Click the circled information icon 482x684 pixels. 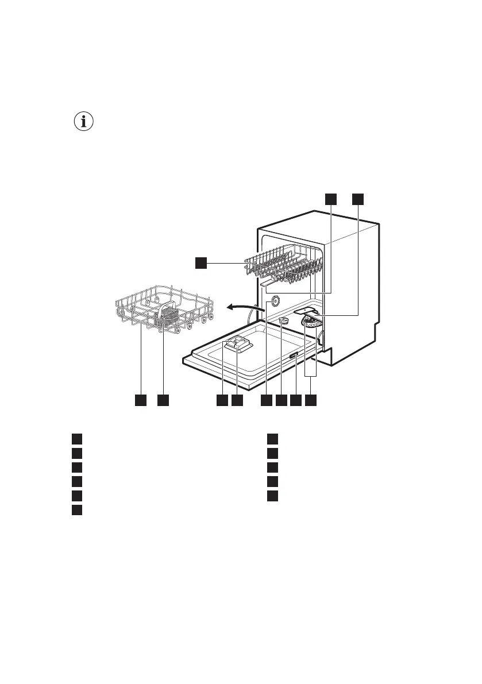(x=84, y=122)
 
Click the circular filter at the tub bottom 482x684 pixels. (x=312, y=324)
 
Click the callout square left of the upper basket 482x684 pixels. (x=200, y=262)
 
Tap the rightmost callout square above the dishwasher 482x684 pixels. (x=357, y=199)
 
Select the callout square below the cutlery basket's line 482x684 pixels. (x=163, y=400)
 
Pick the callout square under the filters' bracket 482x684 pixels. (x=311, y=400)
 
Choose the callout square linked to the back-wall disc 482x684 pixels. (x=267, y=400)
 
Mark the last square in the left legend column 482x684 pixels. (x=76, y=509)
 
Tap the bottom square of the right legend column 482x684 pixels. (x=272, y=495)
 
